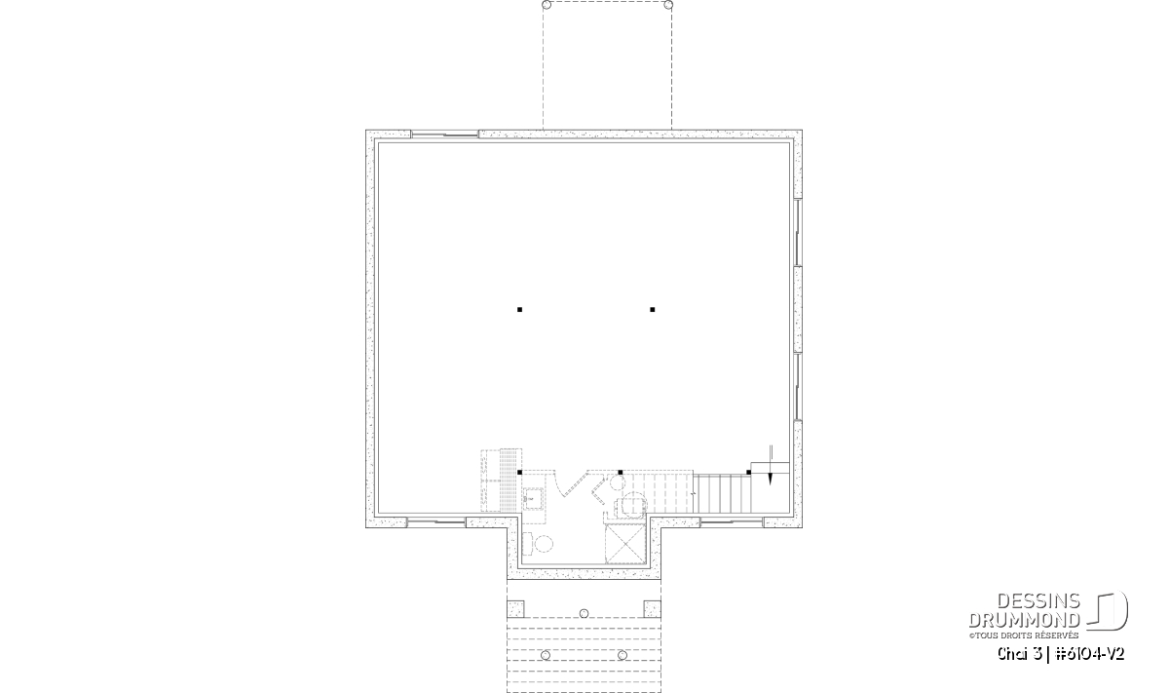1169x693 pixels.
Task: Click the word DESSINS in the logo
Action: tap(1038, 601)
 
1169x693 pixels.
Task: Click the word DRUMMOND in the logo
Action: tap(1024, 620)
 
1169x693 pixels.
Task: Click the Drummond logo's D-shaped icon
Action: tap(1108, 611)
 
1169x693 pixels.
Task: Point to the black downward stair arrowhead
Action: tap(771, 479)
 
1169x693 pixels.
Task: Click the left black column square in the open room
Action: tap(520, 310)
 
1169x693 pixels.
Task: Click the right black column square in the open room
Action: tap(653, 310)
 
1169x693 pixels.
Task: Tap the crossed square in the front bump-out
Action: tap(625, 545)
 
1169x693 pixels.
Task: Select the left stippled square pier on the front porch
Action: tap(515, 609)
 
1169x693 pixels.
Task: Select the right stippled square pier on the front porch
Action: tap(653, 609)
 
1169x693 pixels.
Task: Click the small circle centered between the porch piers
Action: tap(584, 613)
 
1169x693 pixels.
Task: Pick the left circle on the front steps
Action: tap(546, 655)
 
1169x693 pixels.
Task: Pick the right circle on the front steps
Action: tap(622, 655)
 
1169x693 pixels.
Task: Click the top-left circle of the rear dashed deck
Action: tap(547, 5)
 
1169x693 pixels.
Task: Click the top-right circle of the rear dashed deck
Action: tap(668, 5)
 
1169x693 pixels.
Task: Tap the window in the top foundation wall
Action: tap(444, 135)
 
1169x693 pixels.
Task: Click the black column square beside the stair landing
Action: tap(749, 473)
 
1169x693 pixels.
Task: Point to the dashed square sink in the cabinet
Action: tap(532, 498)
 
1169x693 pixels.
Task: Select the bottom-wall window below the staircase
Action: tap(732, 521)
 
